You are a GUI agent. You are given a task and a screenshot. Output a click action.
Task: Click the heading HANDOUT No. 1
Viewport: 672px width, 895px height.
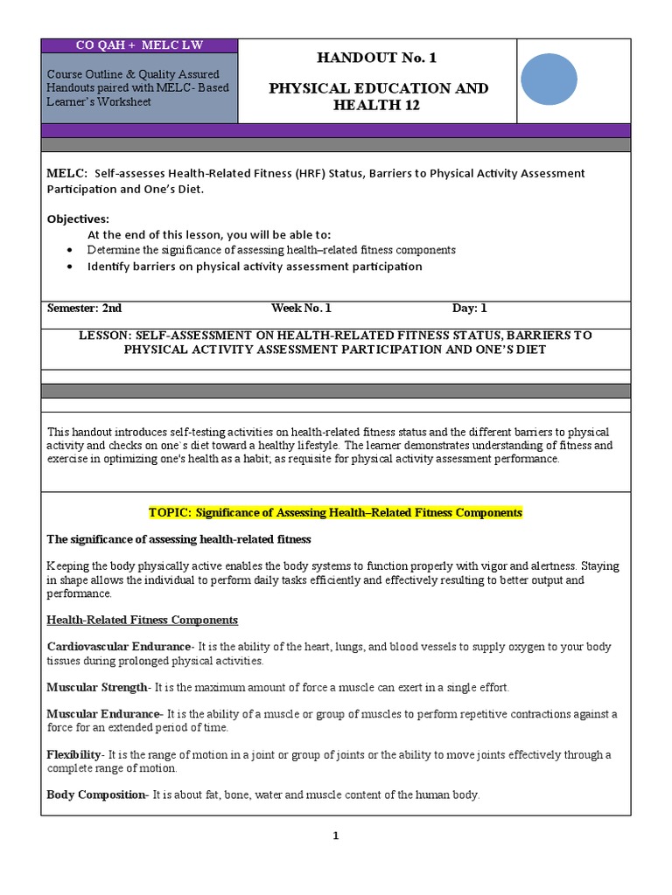pos(378,59)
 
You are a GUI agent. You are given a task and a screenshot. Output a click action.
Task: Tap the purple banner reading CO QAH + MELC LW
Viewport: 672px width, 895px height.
pos(138,45)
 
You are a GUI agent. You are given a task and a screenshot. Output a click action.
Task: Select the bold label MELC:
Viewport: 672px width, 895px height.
pos(66,174)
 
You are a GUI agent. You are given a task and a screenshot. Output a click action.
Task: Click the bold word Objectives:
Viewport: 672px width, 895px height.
pos(79,219)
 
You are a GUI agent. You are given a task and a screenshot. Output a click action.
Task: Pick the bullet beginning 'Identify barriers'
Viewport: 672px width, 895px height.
pos(254,267)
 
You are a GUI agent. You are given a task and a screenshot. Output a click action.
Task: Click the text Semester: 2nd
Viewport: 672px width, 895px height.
pos(85,309)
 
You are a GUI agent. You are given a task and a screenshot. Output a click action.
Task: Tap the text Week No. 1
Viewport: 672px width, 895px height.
pos(301,309)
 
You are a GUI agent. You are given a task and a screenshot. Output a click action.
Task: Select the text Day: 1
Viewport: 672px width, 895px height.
pos(469,309)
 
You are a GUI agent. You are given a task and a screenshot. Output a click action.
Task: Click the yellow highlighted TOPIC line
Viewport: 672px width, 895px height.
pos(335,513)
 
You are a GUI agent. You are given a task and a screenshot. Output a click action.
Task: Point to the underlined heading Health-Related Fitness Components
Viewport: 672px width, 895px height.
pos(142,620)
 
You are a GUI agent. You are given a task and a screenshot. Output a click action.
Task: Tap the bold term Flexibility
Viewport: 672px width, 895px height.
pos(74,754)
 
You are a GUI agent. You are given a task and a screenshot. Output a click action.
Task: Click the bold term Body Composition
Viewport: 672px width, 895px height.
pos(96,794)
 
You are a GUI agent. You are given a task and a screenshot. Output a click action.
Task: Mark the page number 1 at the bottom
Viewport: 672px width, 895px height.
pos(335,836)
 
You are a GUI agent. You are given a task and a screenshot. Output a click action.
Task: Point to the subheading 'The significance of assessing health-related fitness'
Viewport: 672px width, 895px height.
pos(178,539)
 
